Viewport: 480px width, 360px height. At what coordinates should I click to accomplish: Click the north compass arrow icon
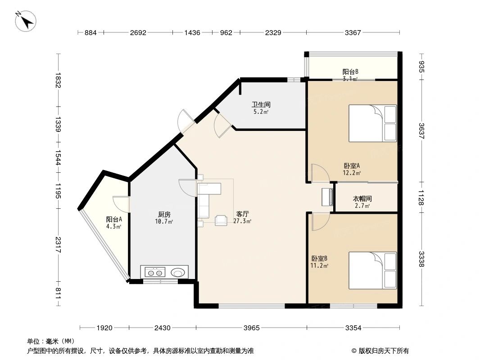(26, 21)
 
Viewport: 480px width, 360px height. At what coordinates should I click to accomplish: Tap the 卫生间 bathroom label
(261, 104)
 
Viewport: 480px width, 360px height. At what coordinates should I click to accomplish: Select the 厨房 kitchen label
(164, 214)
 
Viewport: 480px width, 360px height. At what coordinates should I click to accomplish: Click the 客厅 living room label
(242, 214)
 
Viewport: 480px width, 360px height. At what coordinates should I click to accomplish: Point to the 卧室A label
(352, 165)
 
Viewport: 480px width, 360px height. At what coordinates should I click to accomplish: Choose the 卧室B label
(319, 258)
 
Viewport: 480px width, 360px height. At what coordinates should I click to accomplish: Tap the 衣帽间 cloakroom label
(362, 198)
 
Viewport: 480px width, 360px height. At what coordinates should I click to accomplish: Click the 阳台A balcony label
(114, 219)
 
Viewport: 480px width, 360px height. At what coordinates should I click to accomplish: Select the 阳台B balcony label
(350, 72)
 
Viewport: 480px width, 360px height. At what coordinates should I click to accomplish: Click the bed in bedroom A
(372, 123)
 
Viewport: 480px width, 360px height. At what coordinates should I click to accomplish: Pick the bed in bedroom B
(372, 270)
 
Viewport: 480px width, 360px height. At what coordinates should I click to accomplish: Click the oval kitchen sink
(177, 272)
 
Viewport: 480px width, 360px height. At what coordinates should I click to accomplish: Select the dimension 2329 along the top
(273, 32)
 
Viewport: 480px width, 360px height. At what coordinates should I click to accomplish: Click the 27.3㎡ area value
(242, 221)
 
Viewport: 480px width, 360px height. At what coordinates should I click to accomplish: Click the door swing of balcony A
(121, 204)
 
